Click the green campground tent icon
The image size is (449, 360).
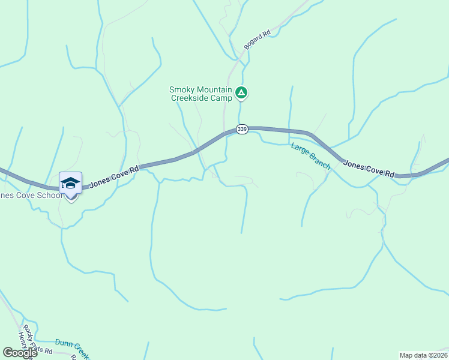click(241, 92)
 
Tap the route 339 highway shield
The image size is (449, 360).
click(241, 129)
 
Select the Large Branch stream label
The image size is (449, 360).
click(311, 155)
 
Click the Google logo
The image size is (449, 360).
click(20, 353)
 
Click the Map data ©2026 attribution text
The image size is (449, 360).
click(424, 355)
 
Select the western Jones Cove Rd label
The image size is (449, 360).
click(114, 177)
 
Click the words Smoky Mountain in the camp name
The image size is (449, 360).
click(200, 89)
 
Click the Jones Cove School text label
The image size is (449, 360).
click(30, 196)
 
